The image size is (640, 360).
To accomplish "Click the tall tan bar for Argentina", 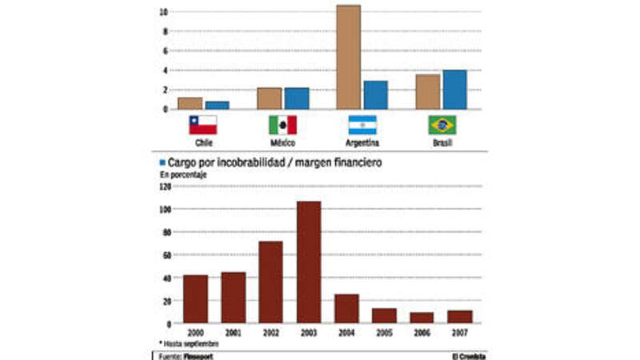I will (348, 57).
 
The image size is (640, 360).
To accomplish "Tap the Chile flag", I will (202, 125).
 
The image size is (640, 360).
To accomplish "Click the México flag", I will (282, 125).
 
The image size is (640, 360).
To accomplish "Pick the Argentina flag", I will (362, 125).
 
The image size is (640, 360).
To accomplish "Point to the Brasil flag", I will (442, 125).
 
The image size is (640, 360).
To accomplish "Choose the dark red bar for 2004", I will (346, 309).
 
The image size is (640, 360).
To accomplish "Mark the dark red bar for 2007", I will (460, 317).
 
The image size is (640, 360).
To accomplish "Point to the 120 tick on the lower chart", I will (166, 186).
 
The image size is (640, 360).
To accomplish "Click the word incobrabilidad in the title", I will (248, 162).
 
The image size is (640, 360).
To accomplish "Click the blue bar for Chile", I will (217, 105).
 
